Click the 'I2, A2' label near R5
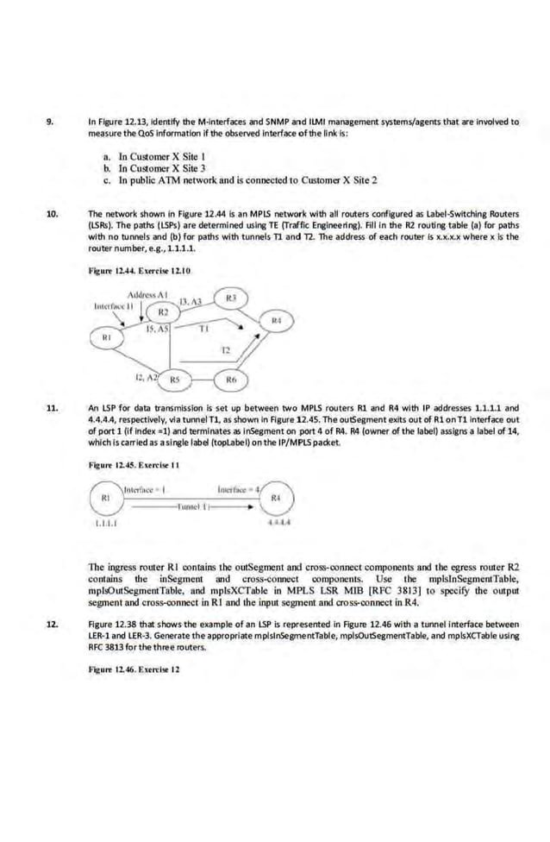point(146,376)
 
